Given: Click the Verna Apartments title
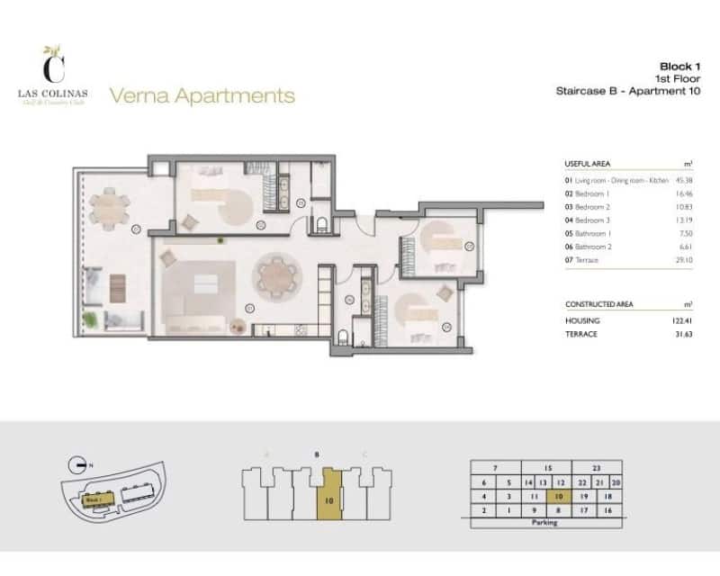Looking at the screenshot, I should [202, 94].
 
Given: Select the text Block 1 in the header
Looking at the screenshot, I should [680, 66].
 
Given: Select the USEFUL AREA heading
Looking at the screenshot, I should [588, 164].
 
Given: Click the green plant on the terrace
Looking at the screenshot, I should [90, 319].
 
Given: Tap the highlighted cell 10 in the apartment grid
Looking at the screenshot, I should [559, 496].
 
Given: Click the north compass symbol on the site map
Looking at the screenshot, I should [80, 465].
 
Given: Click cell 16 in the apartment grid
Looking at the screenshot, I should [608, 510].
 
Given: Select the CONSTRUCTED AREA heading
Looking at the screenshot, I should [598, 304].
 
